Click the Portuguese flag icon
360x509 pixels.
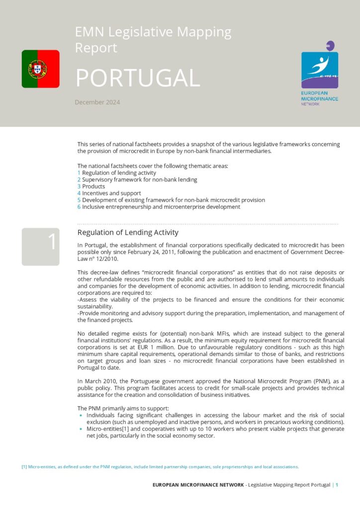point(40,69)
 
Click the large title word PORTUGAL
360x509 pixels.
point(137,78)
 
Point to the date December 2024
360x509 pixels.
point(97,102)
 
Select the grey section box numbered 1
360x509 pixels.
point(40,247)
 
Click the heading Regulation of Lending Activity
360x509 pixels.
point(128,233)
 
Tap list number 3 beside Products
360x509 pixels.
point(79,186)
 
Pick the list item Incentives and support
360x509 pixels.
point(111,193)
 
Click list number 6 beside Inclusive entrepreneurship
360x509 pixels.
point(79,207)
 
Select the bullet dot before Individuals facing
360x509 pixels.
point(82,415)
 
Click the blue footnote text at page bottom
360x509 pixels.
point(160,467)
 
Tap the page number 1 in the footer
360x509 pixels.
point(337,485)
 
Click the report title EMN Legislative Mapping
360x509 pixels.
point(153,33)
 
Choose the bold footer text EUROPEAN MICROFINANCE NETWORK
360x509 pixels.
point(198,485)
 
